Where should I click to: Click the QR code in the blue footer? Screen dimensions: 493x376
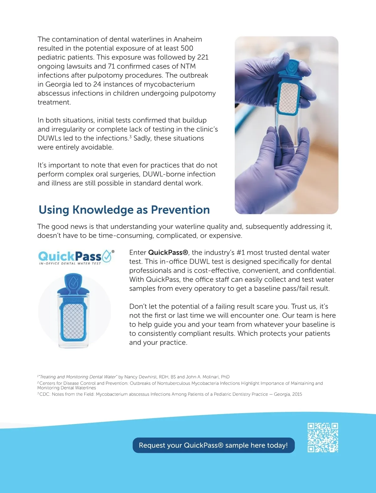(x=323, y=438)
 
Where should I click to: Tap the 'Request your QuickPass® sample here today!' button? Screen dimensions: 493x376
(x=213, y=445)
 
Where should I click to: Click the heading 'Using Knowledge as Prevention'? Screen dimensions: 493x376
(x=124, y=210)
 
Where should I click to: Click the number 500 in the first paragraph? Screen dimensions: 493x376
(x=187, y=48)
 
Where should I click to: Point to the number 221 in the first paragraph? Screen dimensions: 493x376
(x=203, y=57)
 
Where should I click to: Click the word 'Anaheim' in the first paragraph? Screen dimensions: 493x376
(x=188, y=39)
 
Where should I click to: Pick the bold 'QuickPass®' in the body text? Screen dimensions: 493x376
(x=168, y=253)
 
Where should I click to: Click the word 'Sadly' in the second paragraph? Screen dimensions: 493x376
(x=143, y=138)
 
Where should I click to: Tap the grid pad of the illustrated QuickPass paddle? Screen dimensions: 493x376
(x=74, y=321)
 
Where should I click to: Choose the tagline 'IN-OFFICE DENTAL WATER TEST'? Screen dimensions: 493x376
(x=70, y=264)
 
